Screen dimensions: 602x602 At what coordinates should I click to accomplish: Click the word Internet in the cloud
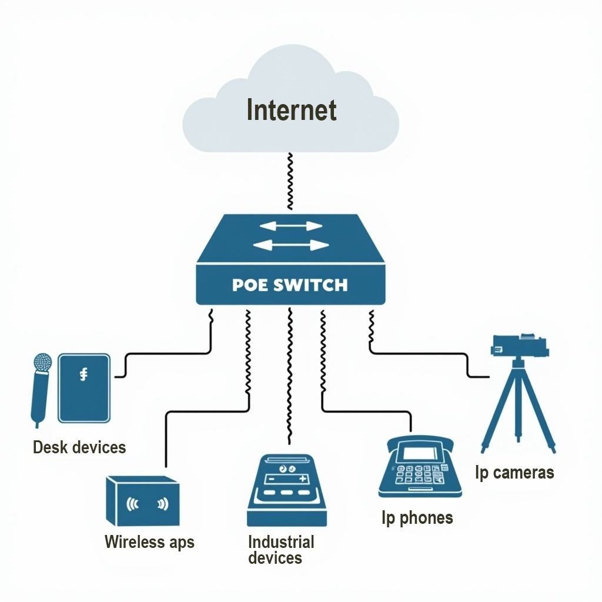(x=291, y=111)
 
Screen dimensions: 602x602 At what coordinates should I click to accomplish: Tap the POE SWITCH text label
(x=290, y=286)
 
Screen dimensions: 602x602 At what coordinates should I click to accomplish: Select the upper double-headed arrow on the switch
(x=291, y=226)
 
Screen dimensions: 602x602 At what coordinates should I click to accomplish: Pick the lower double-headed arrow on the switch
(x=291, y=245)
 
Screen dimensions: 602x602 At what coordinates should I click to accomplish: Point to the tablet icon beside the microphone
(x=83, y=387)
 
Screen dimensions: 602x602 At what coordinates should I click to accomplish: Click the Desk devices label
(x=79, y=447)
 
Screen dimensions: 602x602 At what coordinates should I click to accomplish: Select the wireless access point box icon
(x=143, y=501)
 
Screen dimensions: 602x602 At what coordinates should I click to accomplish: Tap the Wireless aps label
(x=149, y=541)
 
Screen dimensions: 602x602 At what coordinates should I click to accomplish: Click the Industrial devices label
(x=280, y=550)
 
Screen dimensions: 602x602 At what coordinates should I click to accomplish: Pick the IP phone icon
(x=419, y=467)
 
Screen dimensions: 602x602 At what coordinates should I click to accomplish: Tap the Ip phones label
(x=417, y=518)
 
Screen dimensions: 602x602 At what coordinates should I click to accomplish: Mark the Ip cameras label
(x=514, y=472)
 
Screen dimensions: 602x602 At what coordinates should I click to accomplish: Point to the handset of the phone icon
(x=419, y=441)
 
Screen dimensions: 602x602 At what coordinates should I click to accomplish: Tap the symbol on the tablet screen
(x=83, y=374)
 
